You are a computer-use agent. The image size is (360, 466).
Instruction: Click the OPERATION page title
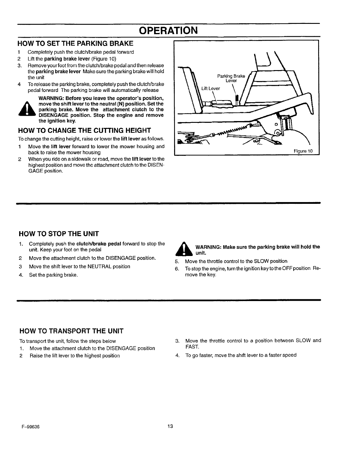pyautogui.click(x=168, y=30)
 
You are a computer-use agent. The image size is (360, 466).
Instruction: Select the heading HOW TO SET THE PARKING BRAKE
pyautogui.click(x=76, y=44)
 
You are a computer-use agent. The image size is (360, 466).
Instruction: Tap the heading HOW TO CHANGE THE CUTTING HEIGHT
pyautogui.click(x=85, y=130)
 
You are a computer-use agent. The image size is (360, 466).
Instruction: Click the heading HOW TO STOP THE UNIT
pyautogui.click(x=59, y=234)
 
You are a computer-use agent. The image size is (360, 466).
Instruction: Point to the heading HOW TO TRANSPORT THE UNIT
pyautogui.click(x=71, y=331)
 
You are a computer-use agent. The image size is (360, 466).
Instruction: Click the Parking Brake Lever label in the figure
pyautogui.click(x=231, y=78)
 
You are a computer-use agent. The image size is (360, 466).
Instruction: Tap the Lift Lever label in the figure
pyautogui.click(x=211, y=88)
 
